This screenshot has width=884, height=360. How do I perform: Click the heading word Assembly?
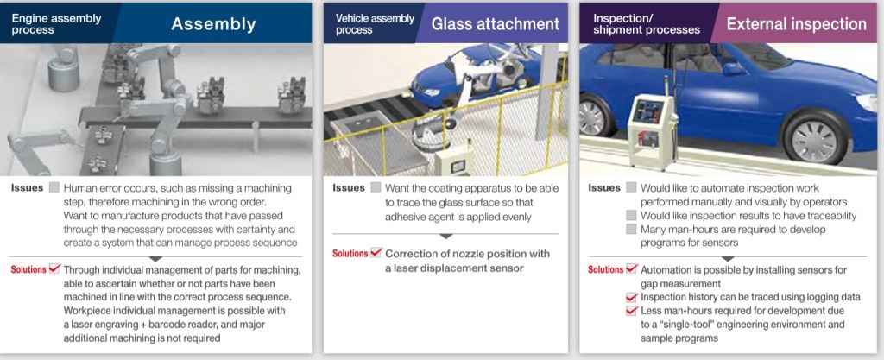point(213,23)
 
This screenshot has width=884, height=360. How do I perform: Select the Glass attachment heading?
point(495,23)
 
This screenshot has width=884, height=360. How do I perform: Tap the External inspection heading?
point(796,24)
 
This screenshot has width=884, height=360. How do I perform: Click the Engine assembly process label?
point(56,23)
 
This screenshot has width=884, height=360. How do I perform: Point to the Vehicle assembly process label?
point(375,23)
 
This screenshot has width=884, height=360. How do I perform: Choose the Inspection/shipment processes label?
point(646,23)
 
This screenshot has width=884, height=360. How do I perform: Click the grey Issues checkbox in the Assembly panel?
point(54,187)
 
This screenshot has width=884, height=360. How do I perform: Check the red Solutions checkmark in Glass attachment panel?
point(376,252)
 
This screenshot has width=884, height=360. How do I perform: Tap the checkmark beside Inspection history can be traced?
point(632,297)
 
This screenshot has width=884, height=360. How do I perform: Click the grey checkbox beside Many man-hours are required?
point(631,230)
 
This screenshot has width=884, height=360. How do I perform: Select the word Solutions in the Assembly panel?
point(28,270)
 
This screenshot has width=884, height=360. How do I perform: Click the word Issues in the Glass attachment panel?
point(349,187)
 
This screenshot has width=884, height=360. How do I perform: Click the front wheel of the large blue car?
point(815,136)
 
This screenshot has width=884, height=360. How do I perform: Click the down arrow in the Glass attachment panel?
point(445,237)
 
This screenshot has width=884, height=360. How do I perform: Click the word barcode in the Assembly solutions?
point(177,325)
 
